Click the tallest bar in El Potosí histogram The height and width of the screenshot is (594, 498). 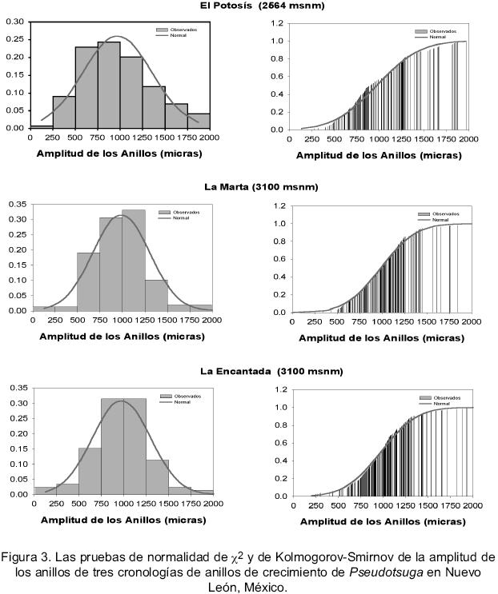tap(109, 85)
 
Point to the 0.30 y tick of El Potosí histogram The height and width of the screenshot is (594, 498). tap(14, 22)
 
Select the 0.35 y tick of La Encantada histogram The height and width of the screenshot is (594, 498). tap(18, 389)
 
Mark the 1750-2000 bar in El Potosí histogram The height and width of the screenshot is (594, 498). tap(199, 120)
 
